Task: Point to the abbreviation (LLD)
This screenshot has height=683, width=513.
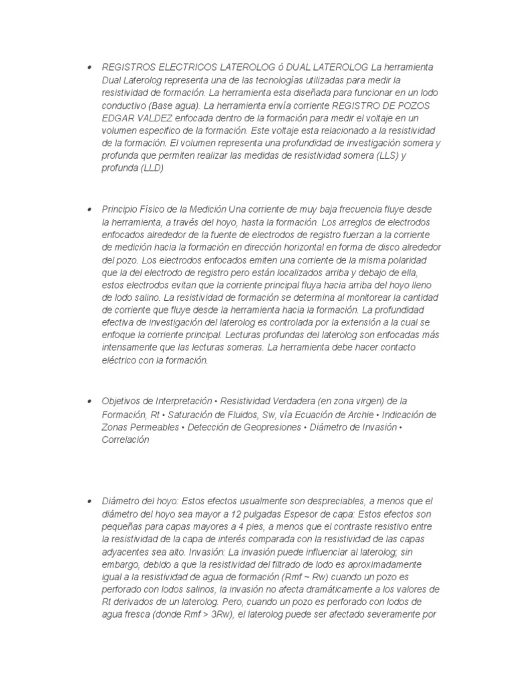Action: [152, 169]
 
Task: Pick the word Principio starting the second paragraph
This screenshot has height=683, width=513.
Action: [120, 209]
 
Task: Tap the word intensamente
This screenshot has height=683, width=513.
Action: [128, 348]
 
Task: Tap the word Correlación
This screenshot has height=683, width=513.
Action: [126, 440]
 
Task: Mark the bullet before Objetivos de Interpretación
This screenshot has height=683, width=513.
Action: [88, 402]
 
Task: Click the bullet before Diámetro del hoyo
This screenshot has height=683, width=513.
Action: [88, 501]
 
